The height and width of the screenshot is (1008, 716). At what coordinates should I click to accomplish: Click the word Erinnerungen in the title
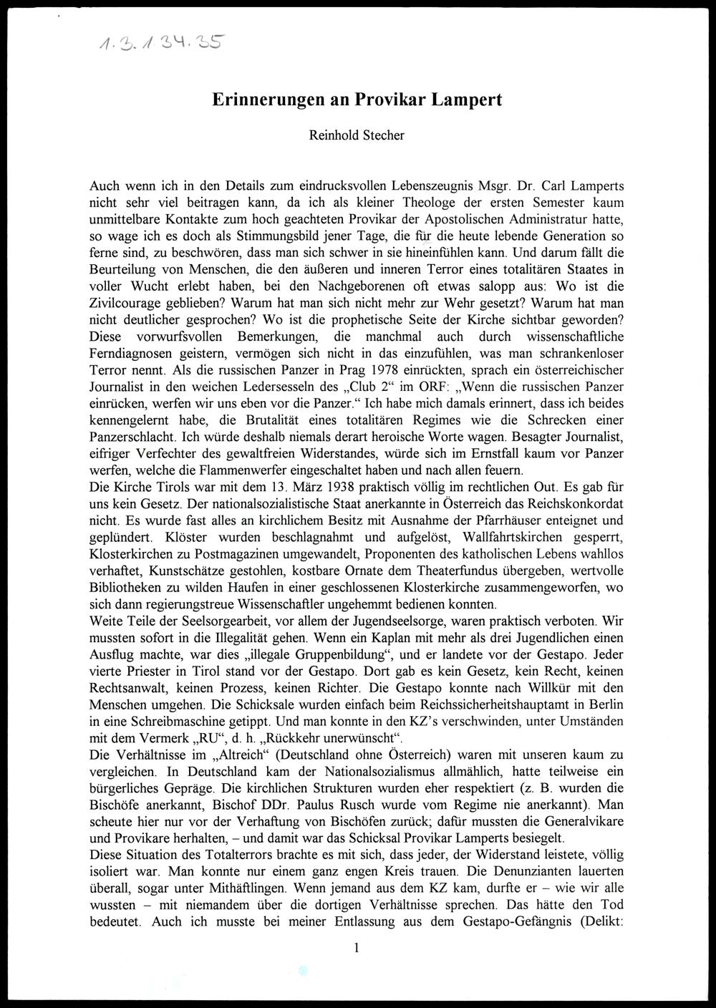pos(263,100)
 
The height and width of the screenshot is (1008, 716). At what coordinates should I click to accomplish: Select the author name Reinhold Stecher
pos(357,135)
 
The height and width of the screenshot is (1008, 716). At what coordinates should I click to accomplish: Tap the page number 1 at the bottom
pos(357,949)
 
